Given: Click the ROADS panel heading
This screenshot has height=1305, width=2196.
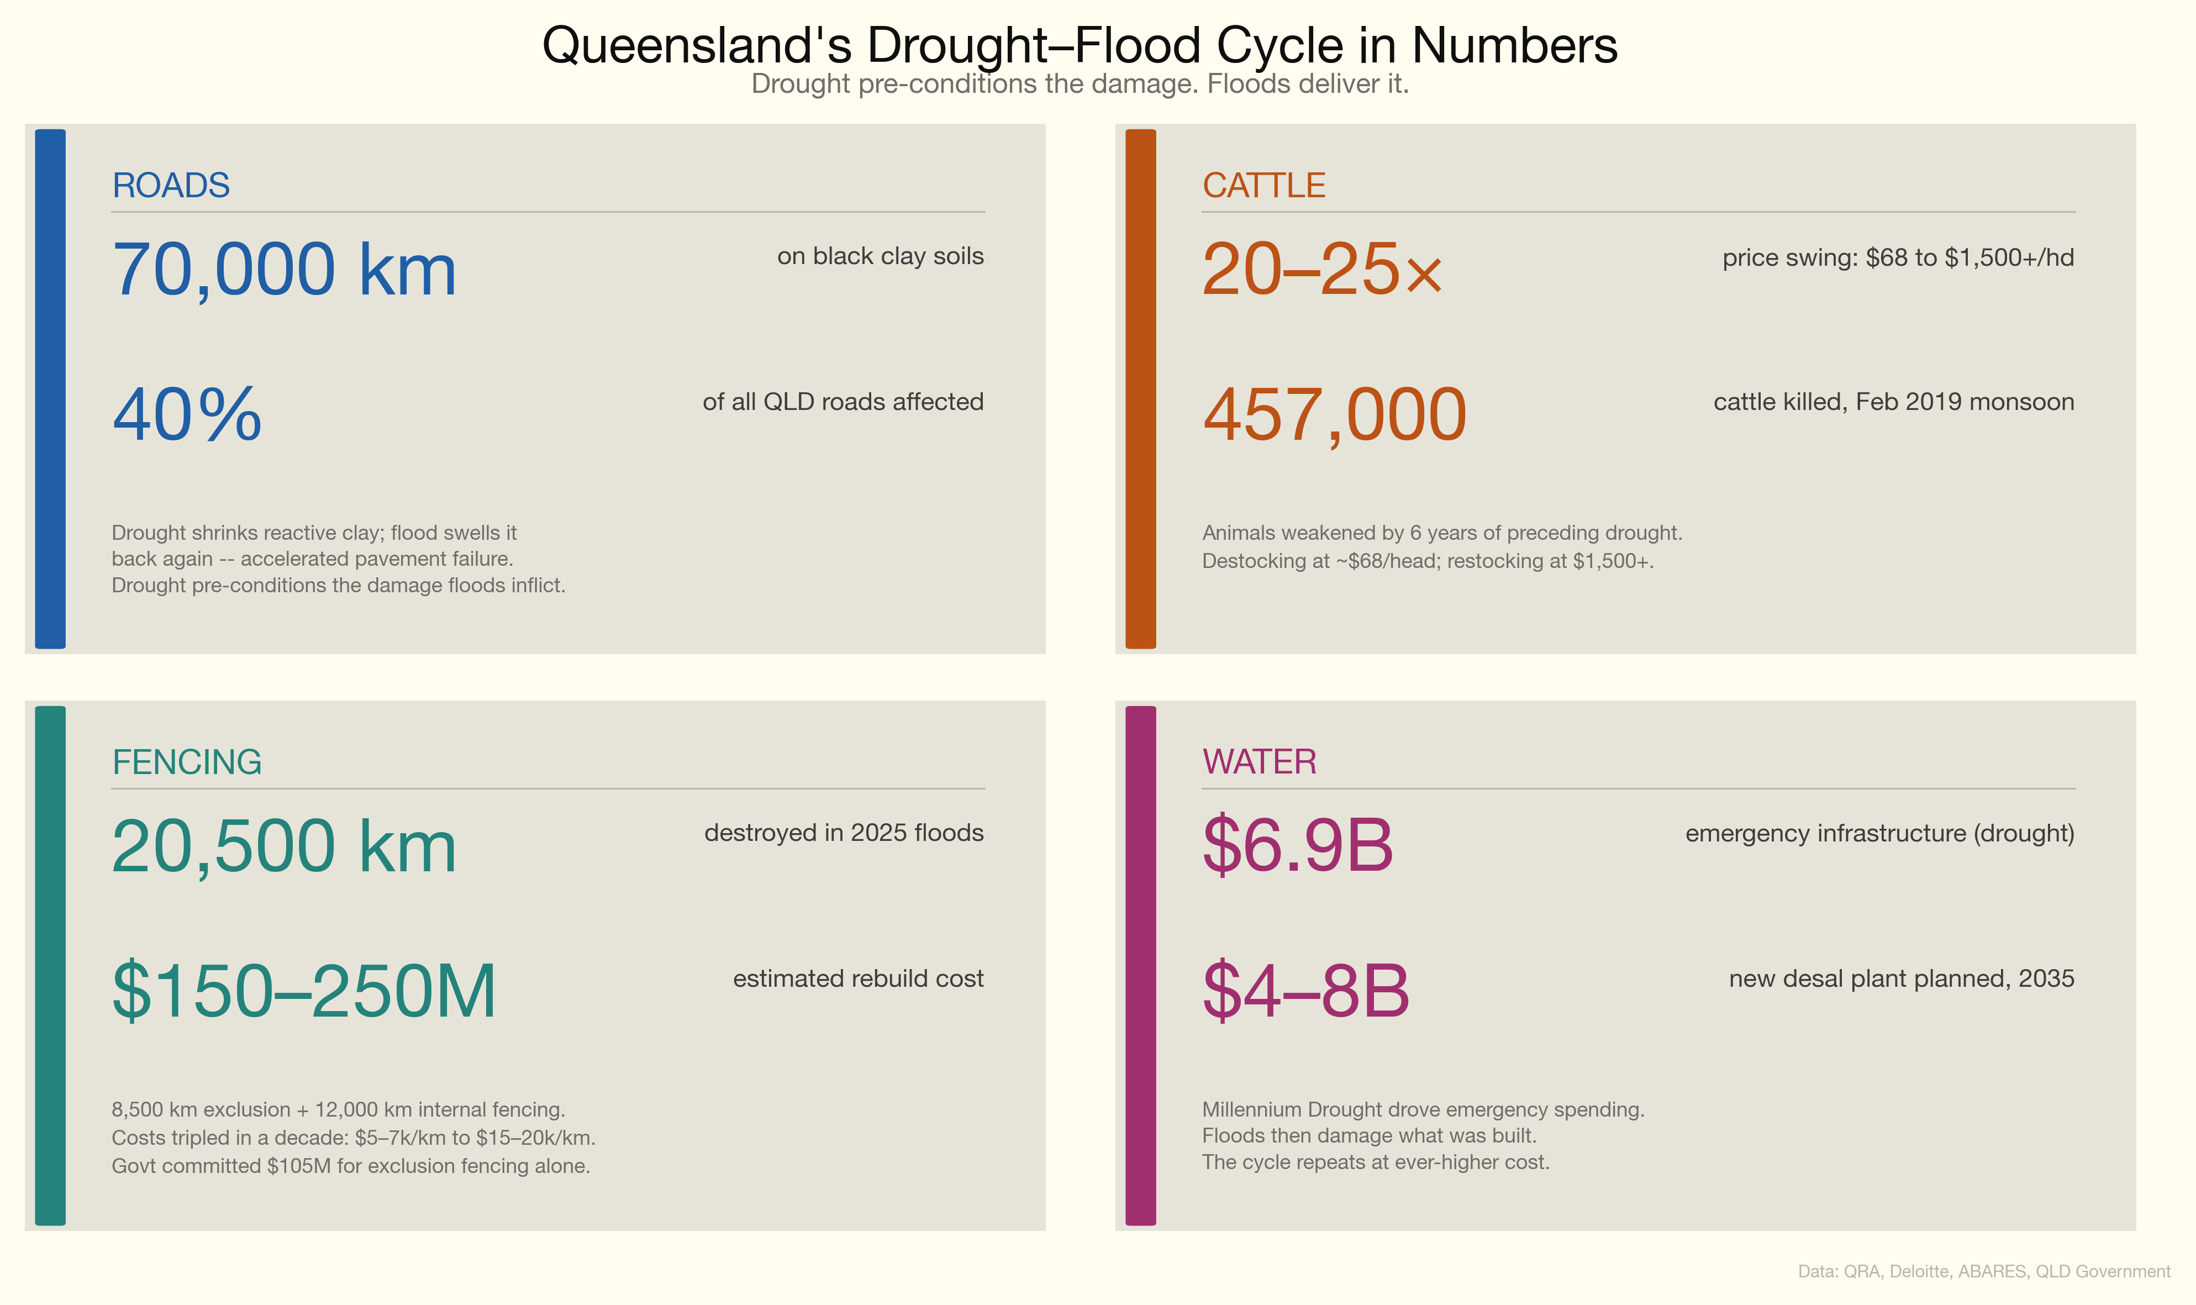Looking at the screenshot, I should click(x=171, y=186).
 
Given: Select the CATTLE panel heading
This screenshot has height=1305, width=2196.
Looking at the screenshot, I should click(x=1263, y=186).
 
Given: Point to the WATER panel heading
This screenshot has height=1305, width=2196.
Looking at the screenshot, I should click(x=1259, y=761).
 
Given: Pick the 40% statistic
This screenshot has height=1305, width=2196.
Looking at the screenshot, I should click(x=187, y=414).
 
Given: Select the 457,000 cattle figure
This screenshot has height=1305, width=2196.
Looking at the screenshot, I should click(x=1335, y=414).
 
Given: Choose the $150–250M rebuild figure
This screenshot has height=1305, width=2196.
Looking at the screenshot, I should click(x=304, y=991).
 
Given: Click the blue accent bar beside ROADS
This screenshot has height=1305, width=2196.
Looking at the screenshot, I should click(x=50, y=389).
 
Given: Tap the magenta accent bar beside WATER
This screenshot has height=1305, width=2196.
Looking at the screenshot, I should click(x=1140, y=966).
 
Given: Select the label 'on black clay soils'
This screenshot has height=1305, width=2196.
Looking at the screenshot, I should click(x=880, y=256).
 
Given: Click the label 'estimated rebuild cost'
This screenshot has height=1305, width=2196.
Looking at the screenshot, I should click(x=858, y=979).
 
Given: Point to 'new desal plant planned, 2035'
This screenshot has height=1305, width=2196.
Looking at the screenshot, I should click(x=1900, y=979).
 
